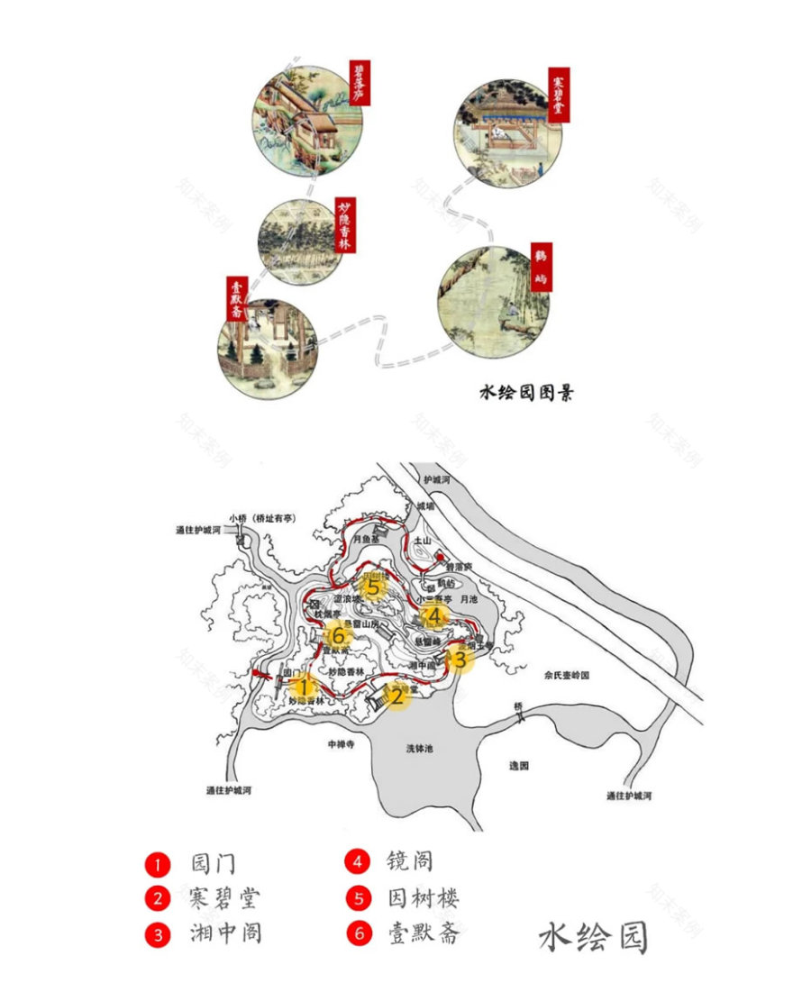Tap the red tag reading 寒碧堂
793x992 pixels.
pos(560,94)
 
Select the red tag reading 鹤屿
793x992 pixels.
pos(542,266)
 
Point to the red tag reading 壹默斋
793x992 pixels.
pos(237,297)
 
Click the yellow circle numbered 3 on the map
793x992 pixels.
pos(459,659)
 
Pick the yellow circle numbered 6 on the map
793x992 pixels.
pos(339,635)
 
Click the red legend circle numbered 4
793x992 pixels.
pos(358,861)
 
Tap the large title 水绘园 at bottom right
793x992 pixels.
pos(594,937)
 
